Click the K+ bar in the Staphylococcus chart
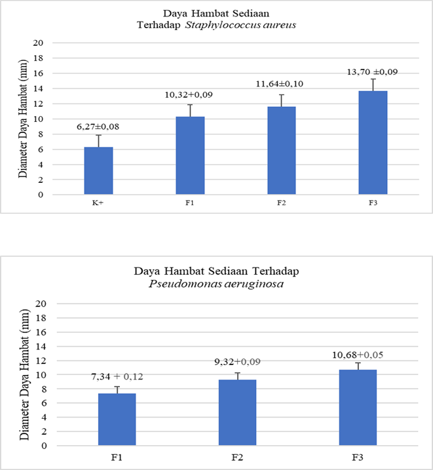(98, 170)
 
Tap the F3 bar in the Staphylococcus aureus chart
(373, 143)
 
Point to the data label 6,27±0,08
(98, 125)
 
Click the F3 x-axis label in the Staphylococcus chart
(373, 205)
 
